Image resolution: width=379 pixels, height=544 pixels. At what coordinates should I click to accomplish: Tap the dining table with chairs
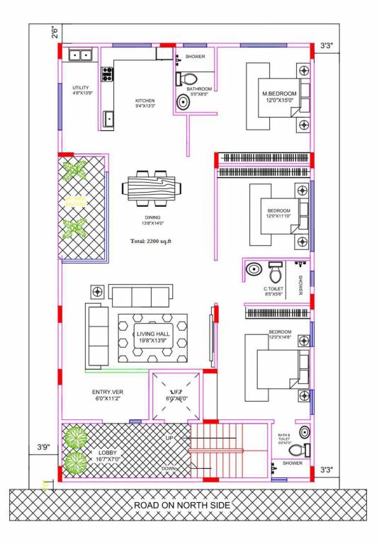(152, 188)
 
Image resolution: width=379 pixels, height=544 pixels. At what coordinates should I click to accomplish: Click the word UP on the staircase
(169, 438)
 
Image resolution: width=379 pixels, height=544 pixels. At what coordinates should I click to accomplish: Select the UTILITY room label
(80, 88)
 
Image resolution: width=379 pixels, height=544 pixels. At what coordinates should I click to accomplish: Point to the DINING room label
(152, 217)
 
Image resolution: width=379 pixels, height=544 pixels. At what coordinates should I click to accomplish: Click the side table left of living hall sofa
(97, 290)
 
